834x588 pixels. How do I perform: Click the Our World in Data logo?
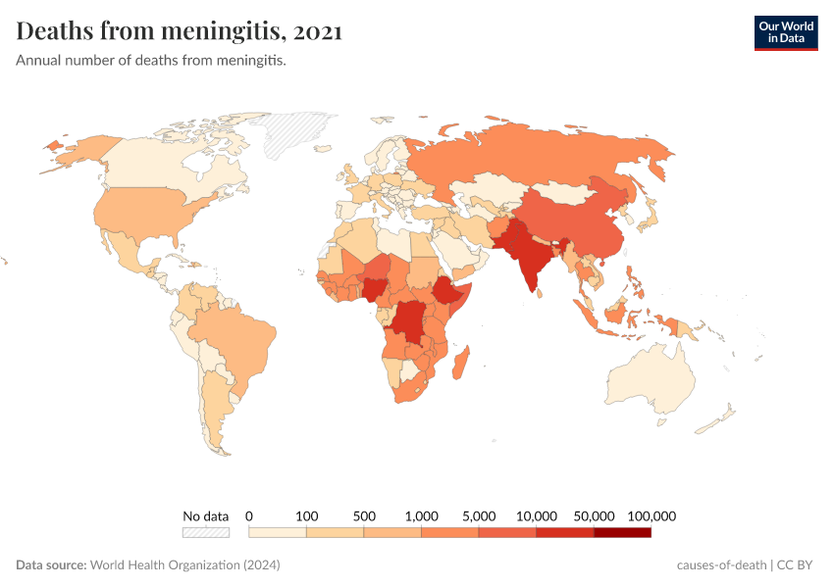(785, 32)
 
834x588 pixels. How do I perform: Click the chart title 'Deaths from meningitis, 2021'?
(179, 31)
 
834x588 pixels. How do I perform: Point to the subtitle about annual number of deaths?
(151, 61)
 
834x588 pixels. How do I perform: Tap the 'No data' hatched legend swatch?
(205, 533)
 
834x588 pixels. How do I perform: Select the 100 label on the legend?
(306, 515)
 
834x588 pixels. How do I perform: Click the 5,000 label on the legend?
(479, 515)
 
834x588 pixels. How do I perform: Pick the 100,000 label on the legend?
(651, 515)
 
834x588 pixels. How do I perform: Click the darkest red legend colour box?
(622, 533)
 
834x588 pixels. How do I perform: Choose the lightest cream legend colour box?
(278, 533)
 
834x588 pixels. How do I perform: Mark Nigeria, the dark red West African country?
(376, 289)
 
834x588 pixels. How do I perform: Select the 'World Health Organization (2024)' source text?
(185, 565)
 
